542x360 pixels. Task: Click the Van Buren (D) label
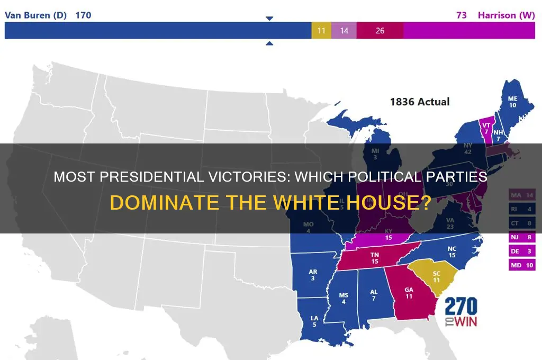[36, 15]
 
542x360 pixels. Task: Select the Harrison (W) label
[507, 15]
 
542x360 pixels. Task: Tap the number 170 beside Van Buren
[83, 15]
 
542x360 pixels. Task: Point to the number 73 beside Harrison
[462, 15]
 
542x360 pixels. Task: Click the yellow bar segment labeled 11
[321, 31]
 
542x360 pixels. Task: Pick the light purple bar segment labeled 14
[344, 31]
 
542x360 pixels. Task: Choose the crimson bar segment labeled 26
[380, 31]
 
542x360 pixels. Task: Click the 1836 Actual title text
[420, 101]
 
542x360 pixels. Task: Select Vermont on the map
[485, 127]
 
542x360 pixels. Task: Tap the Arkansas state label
[313, 275]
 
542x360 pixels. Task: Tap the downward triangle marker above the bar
[269, 19]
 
